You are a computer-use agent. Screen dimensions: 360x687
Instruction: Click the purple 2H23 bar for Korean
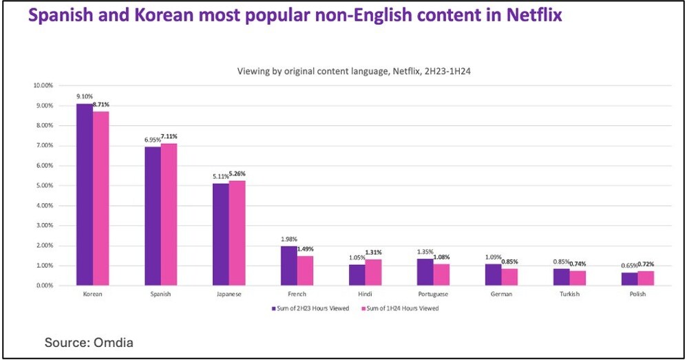pos(84,194)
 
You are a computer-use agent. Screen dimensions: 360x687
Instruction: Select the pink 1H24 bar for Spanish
pos(169,214)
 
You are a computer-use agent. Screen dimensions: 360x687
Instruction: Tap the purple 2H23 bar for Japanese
pos(220,234)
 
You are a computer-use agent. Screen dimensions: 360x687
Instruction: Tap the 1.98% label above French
pos(288,240)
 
